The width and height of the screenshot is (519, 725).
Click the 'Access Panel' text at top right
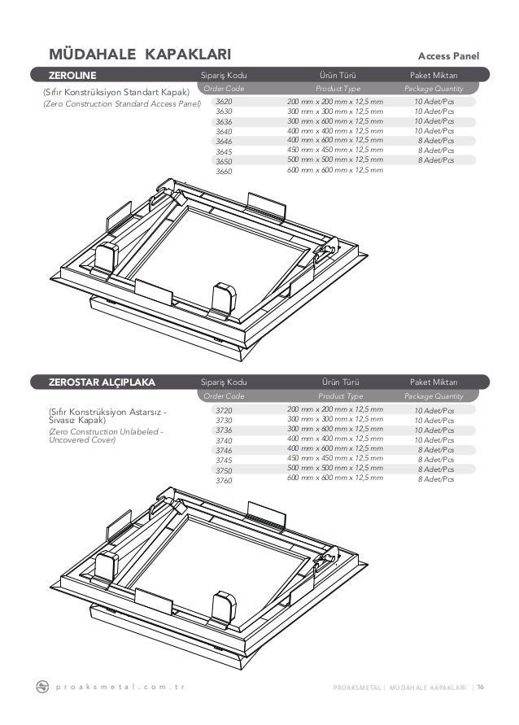click(447, 56)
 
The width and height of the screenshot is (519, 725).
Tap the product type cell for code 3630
click(335, 111)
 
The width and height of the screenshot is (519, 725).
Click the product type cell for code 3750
click(335, 469)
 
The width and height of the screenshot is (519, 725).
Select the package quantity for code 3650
click(434, 160)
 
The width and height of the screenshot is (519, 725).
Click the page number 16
click(480, 687)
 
